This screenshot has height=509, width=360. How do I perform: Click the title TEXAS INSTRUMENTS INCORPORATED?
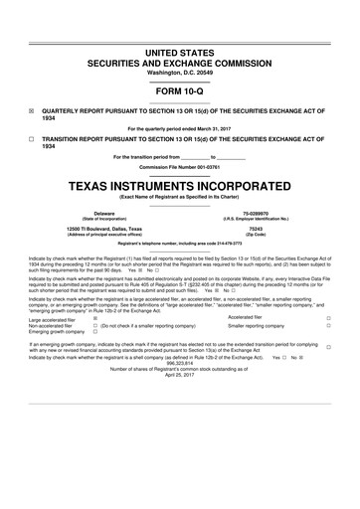click(180, 185)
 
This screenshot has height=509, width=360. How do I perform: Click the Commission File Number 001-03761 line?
click(180, 166)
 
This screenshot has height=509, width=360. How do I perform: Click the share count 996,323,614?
click(180, 362)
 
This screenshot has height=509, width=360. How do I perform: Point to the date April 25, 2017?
click(180, 375)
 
